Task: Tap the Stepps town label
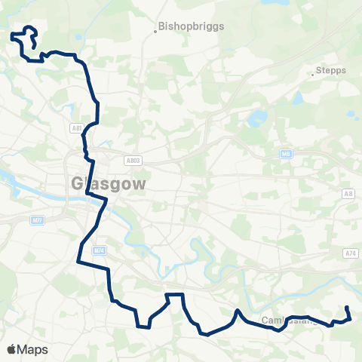pos(332,70)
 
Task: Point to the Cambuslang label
pos(283,321)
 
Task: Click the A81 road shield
pos(77,129)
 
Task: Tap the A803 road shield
pos(133,161)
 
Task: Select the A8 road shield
pos(348,195)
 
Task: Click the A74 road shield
pos(351,254)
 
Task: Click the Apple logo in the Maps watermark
pos(11,349)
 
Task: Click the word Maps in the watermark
pos(32,349)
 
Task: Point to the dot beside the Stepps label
pos(313,75)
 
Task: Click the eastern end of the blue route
pos(346,308)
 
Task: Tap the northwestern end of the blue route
pos(12,34)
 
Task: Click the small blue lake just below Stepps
pos(298,98)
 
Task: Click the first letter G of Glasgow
pos(77,183)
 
